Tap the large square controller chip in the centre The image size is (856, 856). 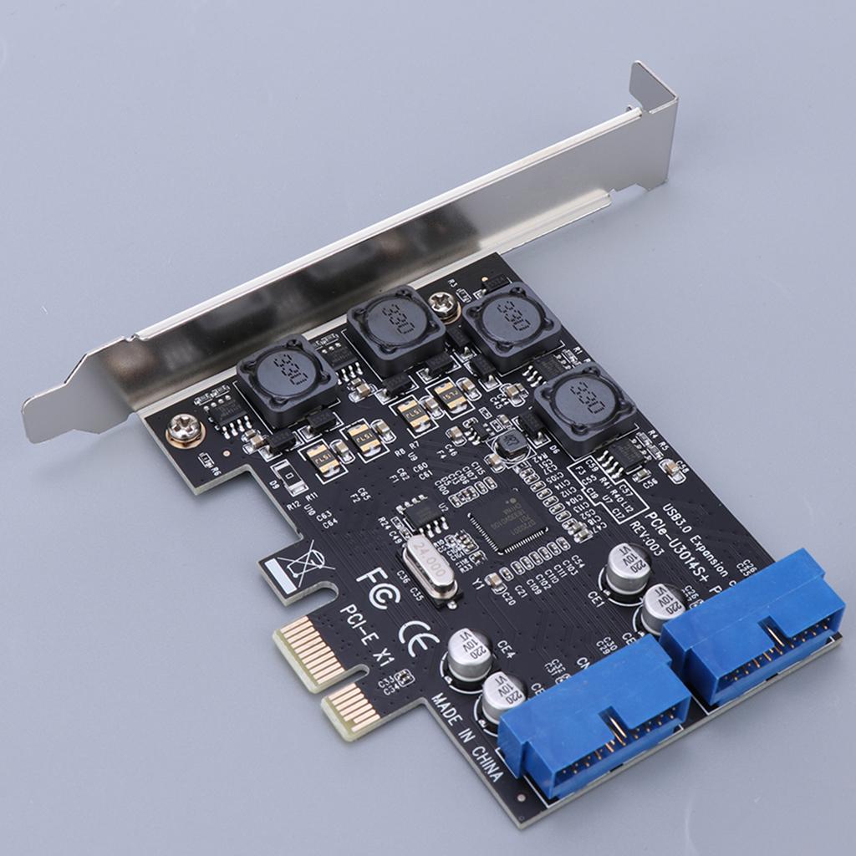click(507, 521)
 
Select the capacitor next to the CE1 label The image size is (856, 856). click(628, 569)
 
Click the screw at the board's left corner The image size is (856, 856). click(183, 430)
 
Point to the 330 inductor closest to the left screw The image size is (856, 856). click(287, 379)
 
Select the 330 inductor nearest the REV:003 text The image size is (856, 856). click(584, 406)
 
